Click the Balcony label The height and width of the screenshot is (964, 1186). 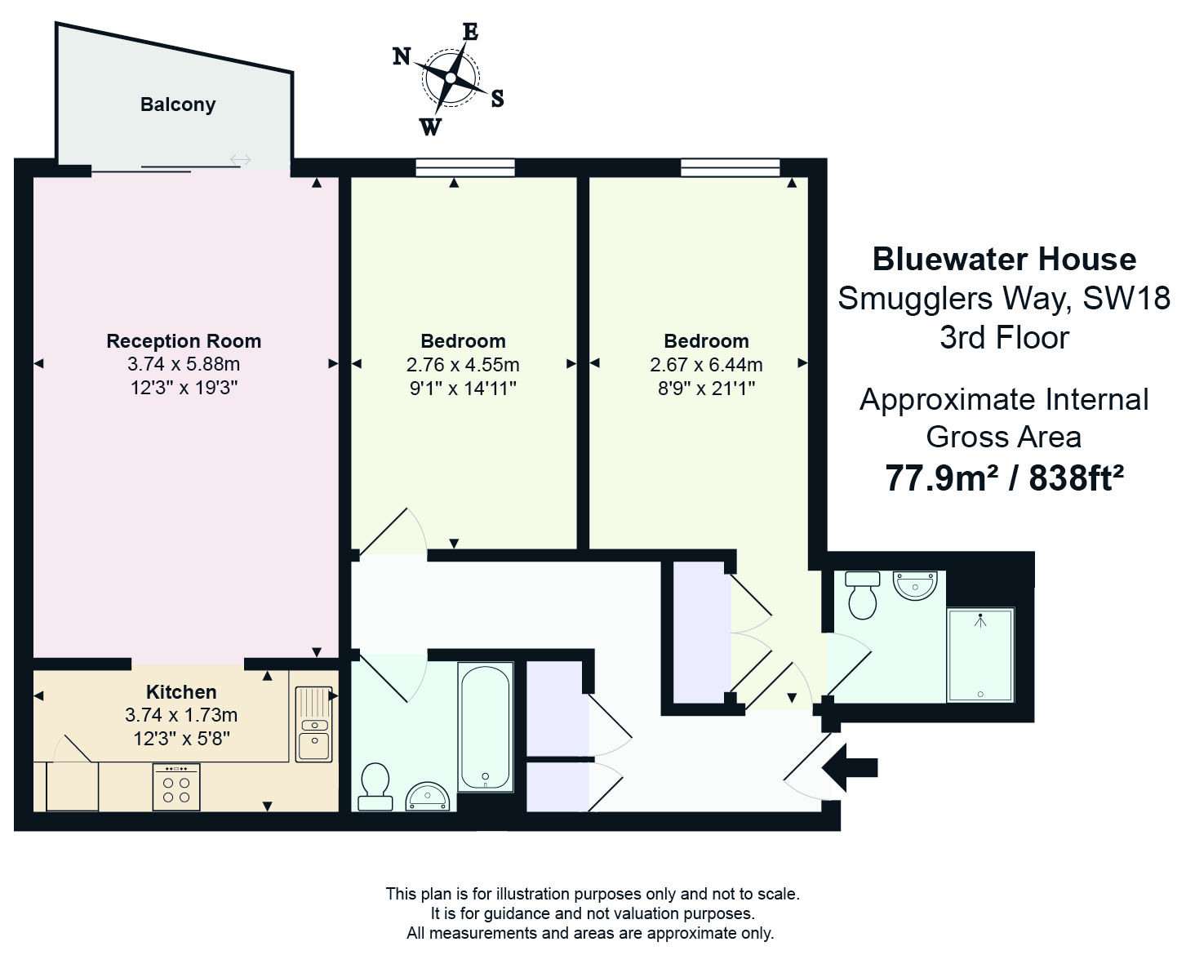coord(178,104)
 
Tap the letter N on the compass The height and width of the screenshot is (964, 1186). coord(402,56)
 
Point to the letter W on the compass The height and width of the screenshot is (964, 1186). coord(430,127)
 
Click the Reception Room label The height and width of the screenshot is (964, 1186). coord(184,341)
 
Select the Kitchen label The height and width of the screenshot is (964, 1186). coord(181,692)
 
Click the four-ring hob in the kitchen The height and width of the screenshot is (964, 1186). coord(176,787)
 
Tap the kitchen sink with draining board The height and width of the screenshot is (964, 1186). coord(313,725)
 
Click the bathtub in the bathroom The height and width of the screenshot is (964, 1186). coord(486,727)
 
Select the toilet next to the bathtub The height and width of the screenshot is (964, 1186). coord(375,786)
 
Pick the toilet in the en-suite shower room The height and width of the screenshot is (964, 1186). coord(863,595)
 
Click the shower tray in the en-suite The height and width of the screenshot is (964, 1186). coord(979,655)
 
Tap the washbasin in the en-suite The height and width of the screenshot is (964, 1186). coord(916,585)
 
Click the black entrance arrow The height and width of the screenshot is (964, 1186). coord(850,767)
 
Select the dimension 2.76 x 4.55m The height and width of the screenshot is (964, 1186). coord(463,365)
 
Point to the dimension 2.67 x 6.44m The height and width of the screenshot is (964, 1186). coord(706,365)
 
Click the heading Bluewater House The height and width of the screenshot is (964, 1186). coord(1004,260)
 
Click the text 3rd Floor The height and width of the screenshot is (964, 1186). coord(1004,338)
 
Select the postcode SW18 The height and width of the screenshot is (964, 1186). coord(1126,299)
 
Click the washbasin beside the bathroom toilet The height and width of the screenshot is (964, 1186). coord(429,796)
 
